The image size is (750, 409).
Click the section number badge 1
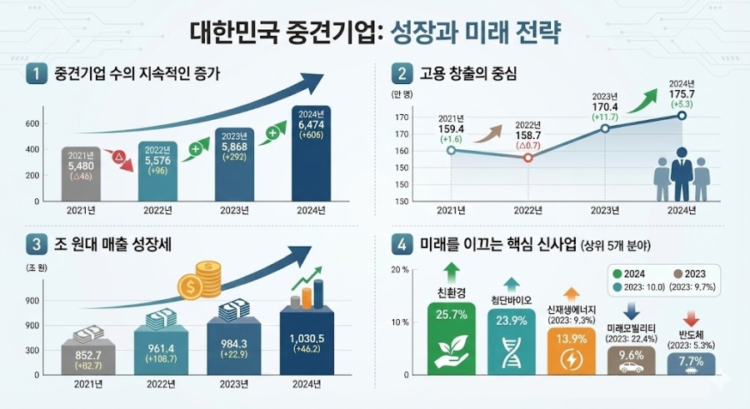pos(36,74)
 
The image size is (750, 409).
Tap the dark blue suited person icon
pos(681,173)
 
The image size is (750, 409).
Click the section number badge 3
pos(36,245)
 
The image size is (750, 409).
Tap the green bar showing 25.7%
pos(451,337)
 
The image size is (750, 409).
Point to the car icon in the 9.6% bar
pos(631,366)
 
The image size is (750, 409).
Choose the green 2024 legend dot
pos(617,272)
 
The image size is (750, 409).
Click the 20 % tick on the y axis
pos(398,271)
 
